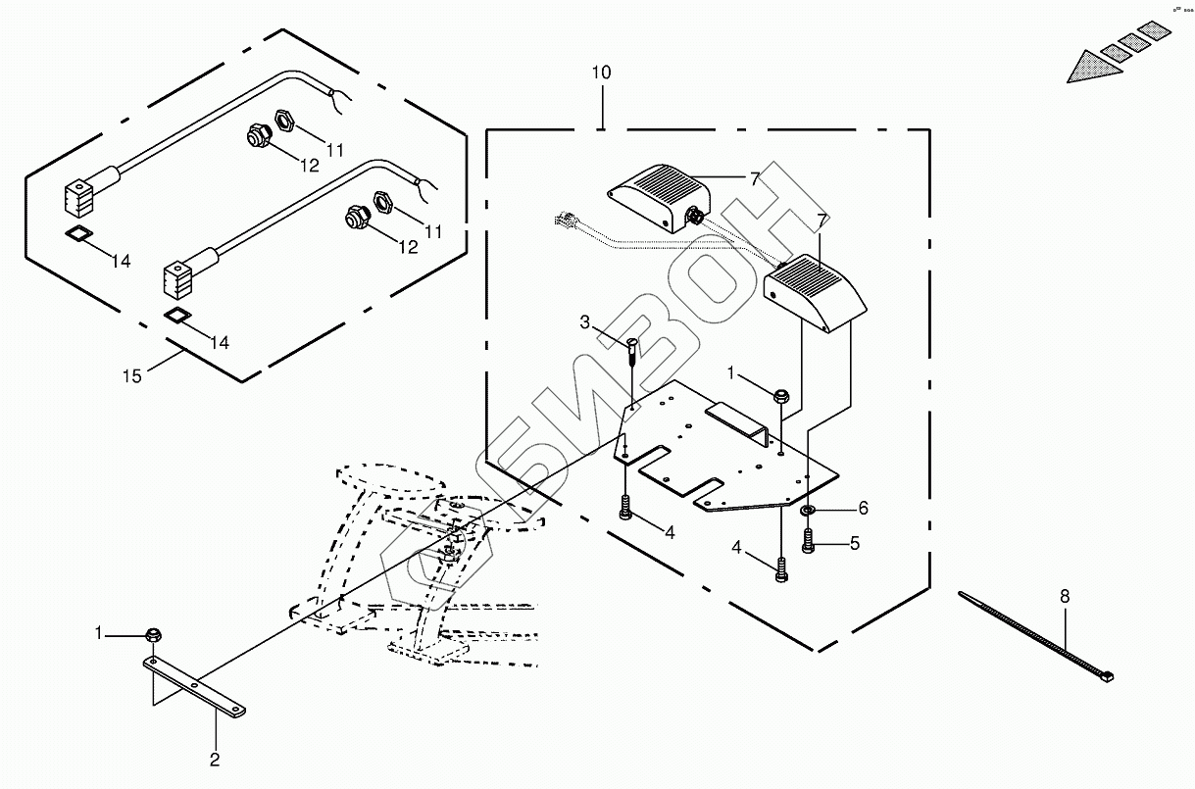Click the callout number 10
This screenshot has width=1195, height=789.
(x=601, y=74)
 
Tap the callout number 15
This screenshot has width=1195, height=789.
(x=131, y=375)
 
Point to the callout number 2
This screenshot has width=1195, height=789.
(x=215, y=758)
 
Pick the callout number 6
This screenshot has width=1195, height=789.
(x=863, y=508)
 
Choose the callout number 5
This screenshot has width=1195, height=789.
(x=855, y=542)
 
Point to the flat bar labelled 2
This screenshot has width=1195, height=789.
(x=196, y=685)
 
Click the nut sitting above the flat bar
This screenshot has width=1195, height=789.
(x=154, y=635)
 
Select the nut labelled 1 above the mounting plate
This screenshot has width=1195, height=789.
(x=781, y=396)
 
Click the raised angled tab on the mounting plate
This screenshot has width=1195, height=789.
(x=736, y=417)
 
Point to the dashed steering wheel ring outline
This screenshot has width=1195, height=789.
(x=390, y=484)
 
